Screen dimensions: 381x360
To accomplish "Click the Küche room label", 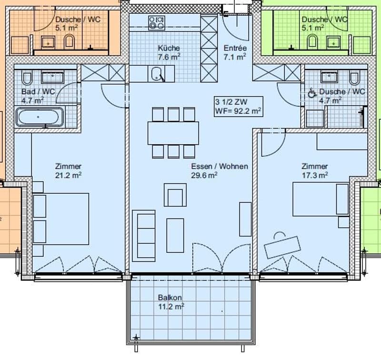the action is (169, 48).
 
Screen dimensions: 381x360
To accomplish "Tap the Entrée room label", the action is (235, 48).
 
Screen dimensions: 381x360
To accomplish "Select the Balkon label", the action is (170, 298).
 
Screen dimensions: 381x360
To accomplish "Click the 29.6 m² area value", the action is (204, 175).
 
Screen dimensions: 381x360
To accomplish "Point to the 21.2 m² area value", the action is (68, 175).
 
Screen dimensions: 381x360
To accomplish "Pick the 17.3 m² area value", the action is (315, 175).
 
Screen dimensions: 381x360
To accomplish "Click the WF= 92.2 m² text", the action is (238, 111).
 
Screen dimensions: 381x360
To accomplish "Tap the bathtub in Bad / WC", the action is (40, 117).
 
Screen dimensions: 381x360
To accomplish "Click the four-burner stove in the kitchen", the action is (157, 22).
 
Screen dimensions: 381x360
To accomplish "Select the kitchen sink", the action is (157, 74).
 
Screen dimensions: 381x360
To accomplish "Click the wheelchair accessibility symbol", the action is (312, 93).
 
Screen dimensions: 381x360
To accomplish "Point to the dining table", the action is (173, 133).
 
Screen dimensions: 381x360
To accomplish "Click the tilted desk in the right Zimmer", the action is (282, 247).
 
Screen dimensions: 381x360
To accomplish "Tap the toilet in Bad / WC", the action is (27, 78).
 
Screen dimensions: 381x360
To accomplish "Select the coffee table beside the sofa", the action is (175, 235).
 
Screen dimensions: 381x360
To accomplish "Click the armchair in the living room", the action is (175, 195).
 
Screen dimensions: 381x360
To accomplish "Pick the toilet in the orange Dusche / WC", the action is (69, 41).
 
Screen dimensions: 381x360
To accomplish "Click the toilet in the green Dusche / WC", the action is (312, 41).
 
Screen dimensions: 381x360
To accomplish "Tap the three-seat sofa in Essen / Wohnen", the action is (144, 236).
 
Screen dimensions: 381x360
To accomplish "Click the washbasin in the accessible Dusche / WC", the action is (329, 77).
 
